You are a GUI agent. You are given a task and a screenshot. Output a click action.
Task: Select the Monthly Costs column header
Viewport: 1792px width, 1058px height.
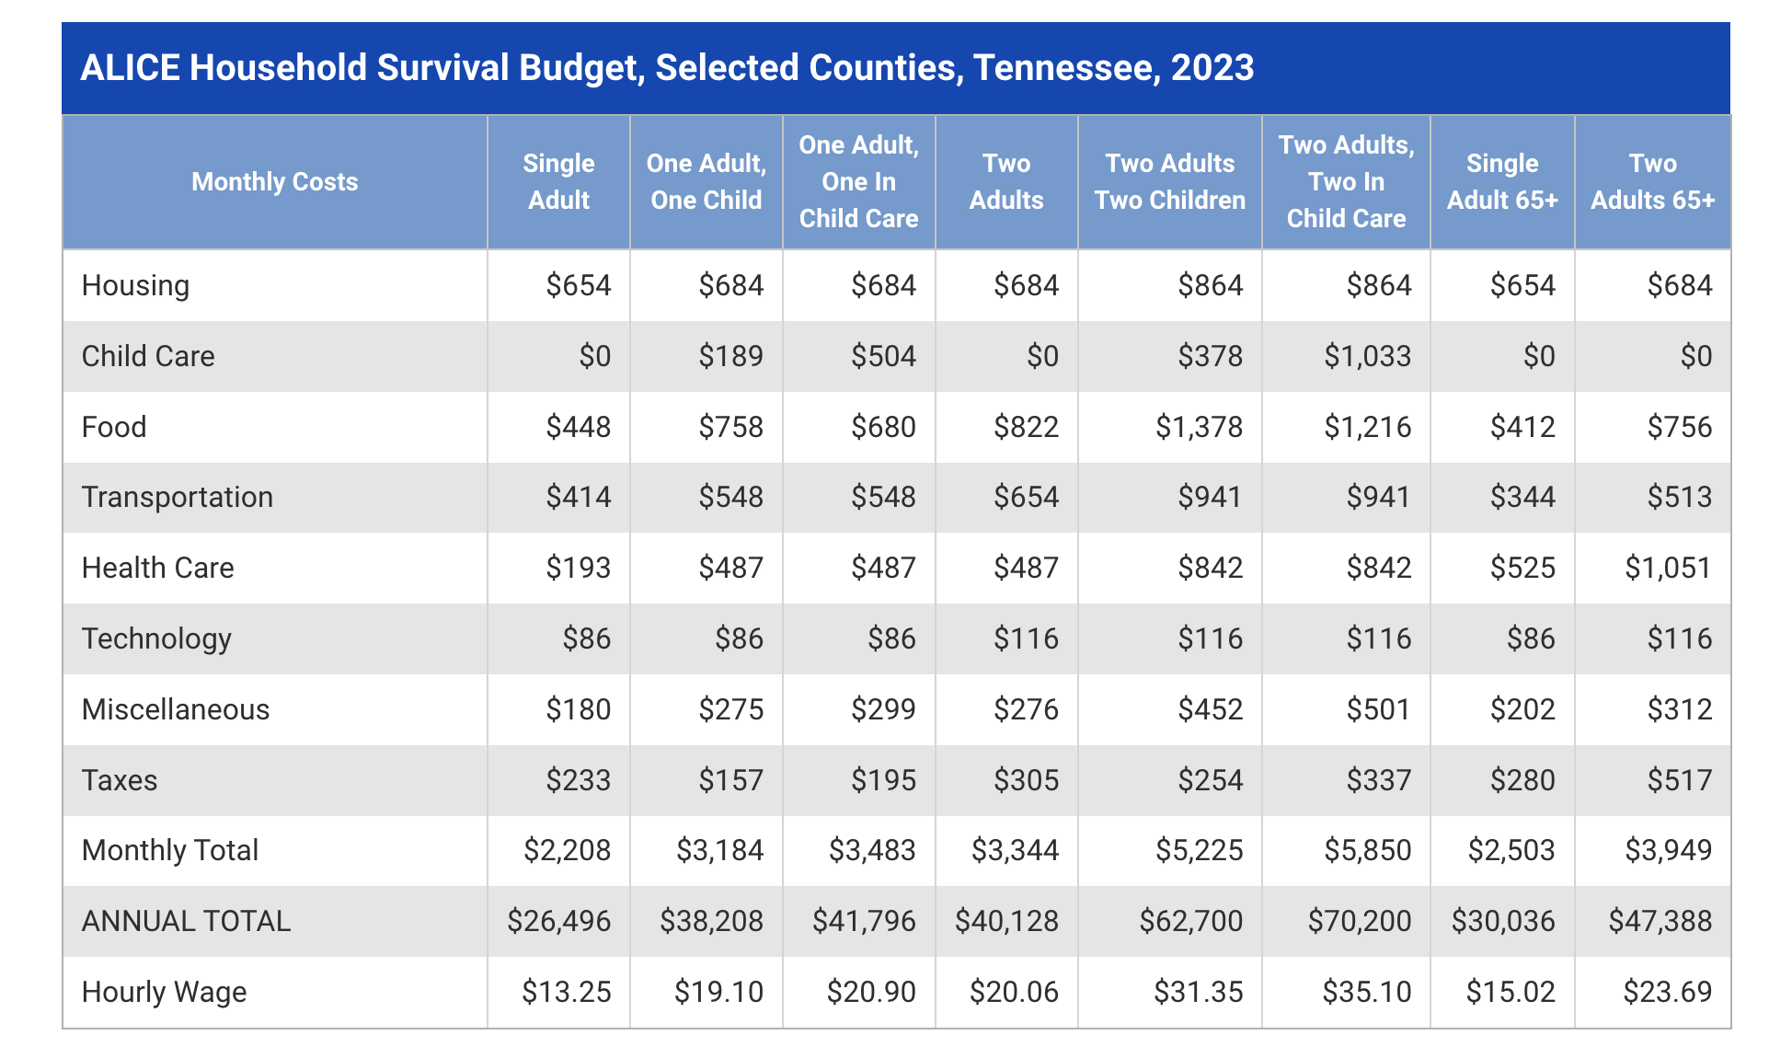274,181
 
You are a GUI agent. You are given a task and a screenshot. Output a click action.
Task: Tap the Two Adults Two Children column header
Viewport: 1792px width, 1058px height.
1169,181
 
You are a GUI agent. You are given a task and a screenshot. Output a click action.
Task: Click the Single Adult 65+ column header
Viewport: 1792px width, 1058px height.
1501,181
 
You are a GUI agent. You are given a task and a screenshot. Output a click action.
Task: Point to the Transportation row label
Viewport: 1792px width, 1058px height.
178,497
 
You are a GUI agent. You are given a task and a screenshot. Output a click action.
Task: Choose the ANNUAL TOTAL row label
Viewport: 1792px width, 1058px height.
186,921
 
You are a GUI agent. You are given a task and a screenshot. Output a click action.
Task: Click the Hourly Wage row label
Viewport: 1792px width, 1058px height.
164,992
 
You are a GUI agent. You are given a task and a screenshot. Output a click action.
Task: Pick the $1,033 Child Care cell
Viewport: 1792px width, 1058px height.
1367,356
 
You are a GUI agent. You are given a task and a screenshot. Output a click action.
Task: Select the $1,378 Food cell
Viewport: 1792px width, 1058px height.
1199,427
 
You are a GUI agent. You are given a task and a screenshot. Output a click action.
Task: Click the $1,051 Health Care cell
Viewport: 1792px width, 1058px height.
1667,568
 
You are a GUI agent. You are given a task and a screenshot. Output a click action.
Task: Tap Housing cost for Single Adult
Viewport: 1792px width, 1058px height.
578,285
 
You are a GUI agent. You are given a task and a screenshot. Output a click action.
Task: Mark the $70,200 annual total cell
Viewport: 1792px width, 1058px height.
1359,921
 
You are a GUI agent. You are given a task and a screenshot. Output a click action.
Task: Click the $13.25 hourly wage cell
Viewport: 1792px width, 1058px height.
566,992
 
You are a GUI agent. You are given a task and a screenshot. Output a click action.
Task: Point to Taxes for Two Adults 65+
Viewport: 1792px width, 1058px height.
1679,780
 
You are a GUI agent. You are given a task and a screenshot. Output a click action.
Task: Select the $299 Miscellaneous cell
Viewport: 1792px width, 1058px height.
883,709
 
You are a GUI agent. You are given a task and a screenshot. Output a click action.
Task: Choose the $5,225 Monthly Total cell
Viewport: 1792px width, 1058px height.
1199,850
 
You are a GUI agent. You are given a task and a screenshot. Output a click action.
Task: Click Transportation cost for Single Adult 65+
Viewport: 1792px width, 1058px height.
1522,497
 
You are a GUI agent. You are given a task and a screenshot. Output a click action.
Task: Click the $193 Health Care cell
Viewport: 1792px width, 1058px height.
578,568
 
